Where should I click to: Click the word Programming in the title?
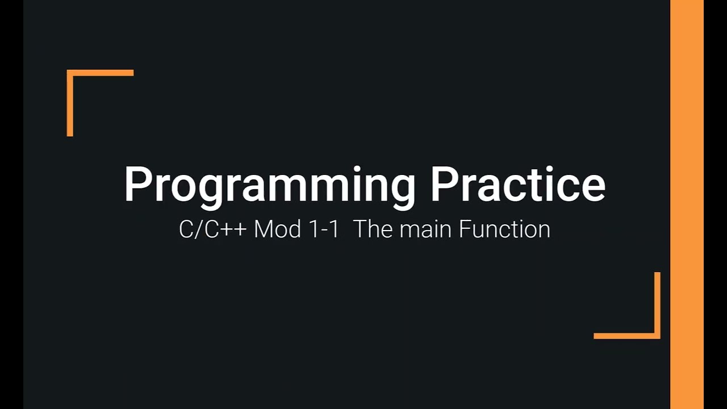pos(270,185)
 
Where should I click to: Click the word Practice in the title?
pos(517,184)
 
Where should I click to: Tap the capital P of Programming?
pos(136,184)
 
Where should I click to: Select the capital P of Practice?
pos(443,184)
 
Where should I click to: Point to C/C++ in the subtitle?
pos(214,229)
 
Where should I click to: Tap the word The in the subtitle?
pos(373,229)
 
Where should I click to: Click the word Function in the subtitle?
pos(504,229)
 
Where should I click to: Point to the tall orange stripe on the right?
pos(687,204)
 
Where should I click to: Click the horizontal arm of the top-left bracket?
pos(102,73)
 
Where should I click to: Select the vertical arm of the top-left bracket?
pos(70,105)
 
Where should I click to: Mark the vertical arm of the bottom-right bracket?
pos(657,304)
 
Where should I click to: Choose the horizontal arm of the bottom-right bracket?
pos(625,336)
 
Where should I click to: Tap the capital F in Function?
pos(464,229)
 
